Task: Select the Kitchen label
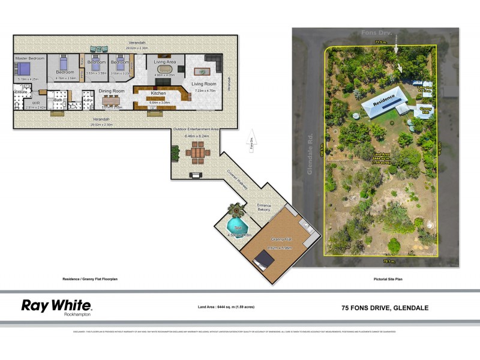[x=158, y=94]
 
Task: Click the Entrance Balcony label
[x=265, y=207]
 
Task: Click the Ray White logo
[x=57, y=307]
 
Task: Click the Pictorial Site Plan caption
[x=385, y=280]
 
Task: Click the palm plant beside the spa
[x=233, y=210]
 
